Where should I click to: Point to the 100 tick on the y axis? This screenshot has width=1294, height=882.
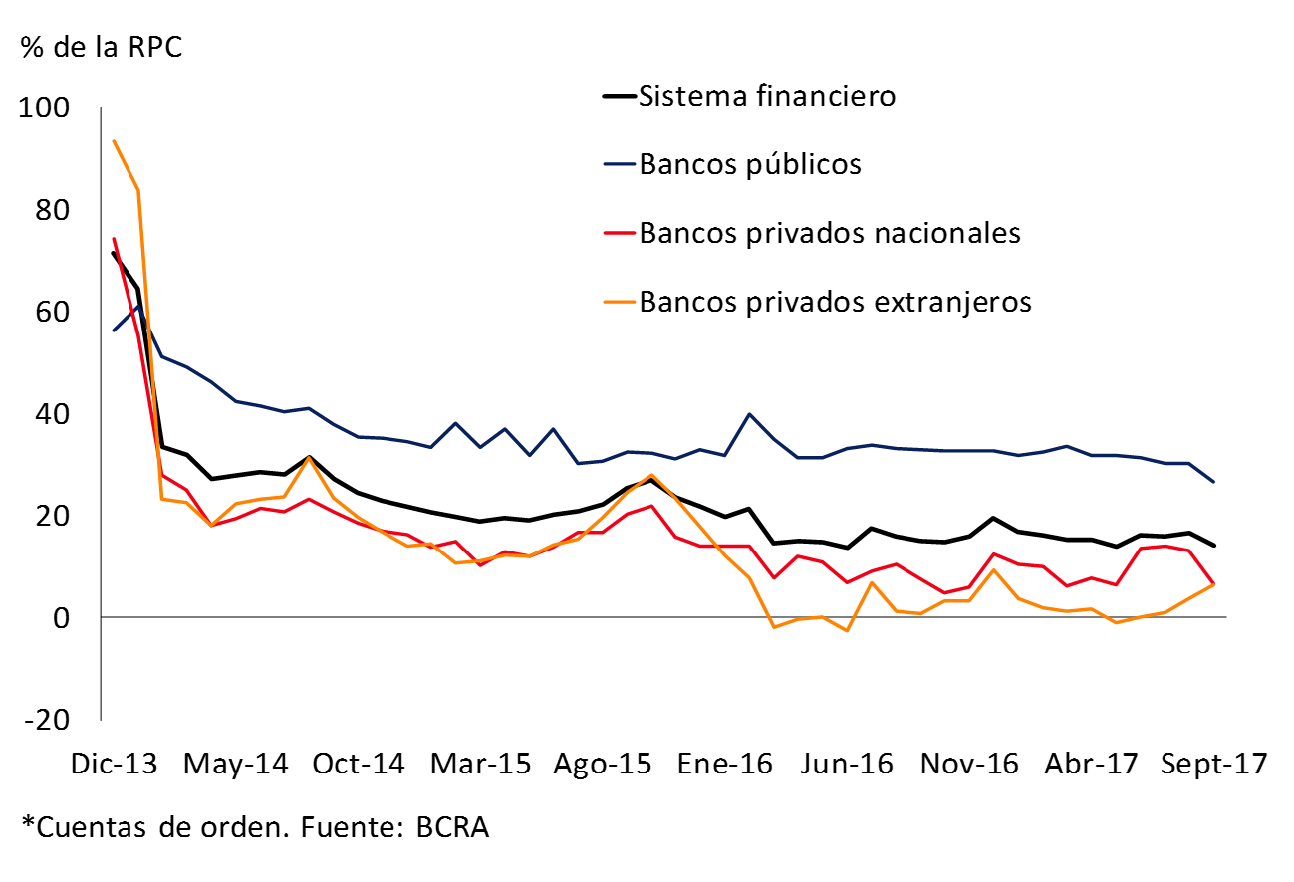49,108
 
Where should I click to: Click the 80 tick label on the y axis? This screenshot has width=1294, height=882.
56,210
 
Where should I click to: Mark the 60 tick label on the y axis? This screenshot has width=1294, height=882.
56,312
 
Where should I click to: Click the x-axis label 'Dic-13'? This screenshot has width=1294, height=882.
115,765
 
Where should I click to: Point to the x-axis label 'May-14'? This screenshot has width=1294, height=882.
236,765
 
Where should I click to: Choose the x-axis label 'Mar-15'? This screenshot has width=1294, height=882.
479,765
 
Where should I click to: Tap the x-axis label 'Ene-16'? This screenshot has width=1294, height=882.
723,765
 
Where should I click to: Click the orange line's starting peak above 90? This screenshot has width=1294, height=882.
114,140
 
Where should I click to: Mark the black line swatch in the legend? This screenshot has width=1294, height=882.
619,97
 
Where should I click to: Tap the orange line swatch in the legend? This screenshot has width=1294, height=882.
619,302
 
